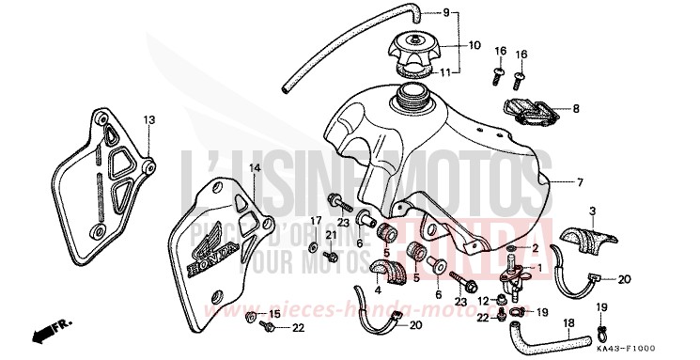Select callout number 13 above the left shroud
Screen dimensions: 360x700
148,119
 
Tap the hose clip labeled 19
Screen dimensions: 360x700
601,331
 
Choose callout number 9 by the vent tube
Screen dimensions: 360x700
447,12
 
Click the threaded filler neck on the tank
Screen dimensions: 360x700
412,93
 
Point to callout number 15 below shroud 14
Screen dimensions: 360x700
273,313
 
